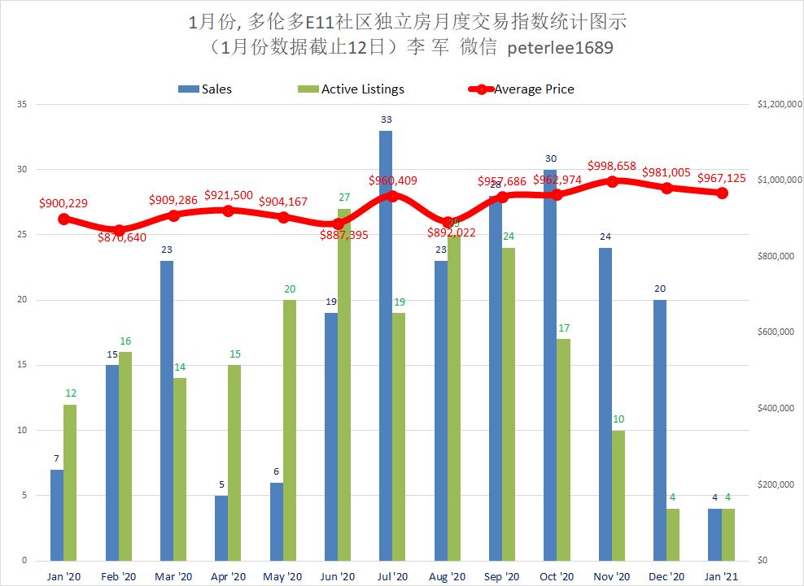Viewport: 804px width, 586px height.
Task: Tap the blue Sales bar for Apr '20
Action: point(221,528)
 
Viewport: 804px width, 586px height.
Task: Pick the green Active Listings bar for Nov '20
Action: point(618,495)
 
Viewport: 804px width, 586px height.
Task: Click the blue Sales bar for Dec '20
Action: point(659,430)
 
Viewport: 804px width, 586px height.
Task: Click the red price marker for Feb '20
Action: point(119,230)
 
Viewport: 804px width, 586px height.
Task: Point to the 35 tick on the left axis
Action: point(22,105)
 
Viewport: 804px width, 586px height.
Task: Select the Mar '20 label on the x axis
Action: point(173,576)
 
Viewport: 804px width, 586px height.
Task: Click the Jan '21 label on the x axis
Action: point(721,576)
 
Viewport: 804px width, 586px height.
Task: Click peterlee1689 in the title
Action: point(560,48)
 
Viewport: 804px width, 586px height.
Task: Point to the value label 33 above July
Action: point(386,119)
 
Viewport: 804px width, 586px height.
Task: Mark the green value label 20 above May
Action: point(290,289)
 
